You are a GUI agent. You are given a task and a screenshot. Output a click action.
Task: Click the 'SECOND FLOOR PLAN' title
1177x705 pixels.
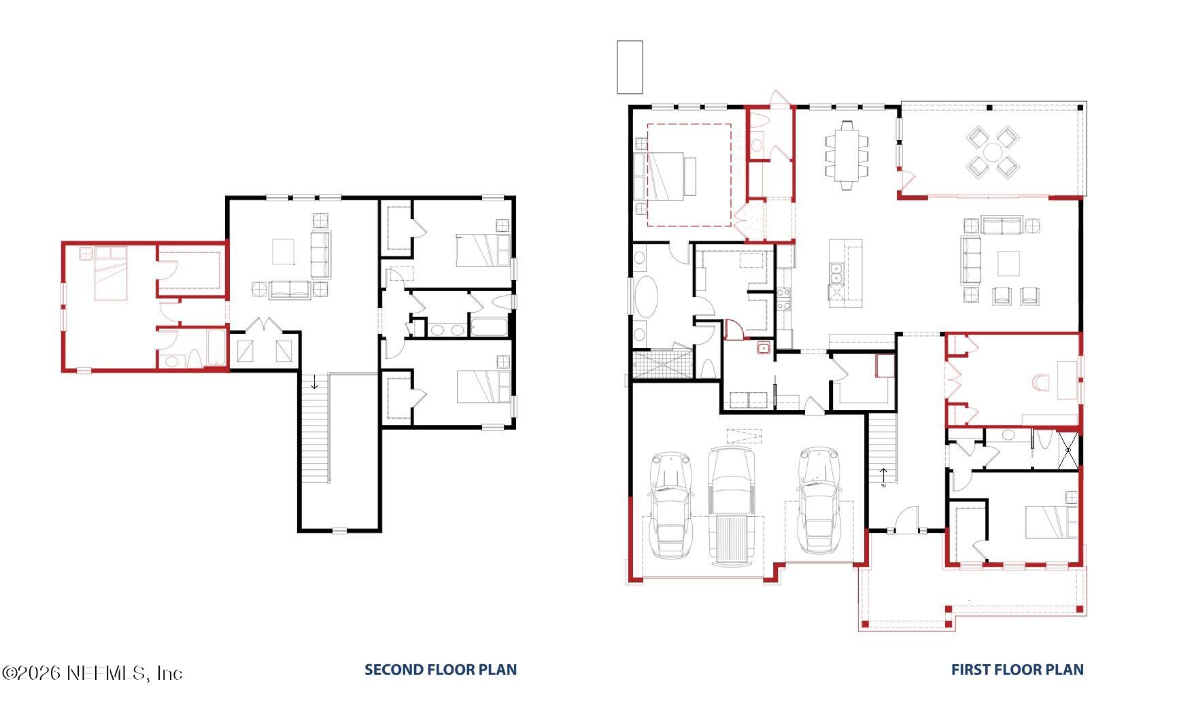[441, 670]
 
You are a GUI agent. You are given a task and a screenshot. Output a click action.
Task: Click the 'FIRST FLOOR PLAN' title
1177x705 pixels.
[1017, 670]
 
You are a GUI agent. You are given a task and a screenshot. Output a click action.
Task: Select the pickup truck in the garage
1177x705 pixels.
[731, 506]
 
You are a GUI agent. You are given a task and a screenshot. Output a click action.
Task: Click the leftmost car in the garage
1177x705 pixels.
[670, 503]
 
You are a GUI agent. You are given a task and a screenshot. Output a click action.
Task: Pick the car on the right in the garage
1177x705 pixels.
[819, 500]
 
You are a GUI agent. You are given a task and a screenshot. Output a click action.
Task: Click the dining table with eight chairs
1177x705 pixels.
[847, 154]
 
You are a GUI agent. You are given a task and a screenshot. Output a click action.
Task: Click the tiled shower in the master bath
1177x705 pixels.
[662, 364]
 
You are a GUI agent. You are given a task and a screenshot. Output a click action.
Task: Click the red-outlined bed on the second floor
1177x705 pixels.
[110, 273]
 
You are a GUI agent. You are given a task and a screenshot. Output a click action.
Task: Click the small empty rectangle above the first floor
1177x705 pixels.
[630, 67]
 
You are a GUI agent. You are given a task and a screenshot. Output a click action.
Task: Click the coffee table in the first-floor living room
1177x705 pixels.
[1008, 263]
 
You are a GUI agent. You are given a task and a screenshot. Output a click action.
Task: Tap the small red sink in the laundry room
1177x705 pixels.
[764, 348]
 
